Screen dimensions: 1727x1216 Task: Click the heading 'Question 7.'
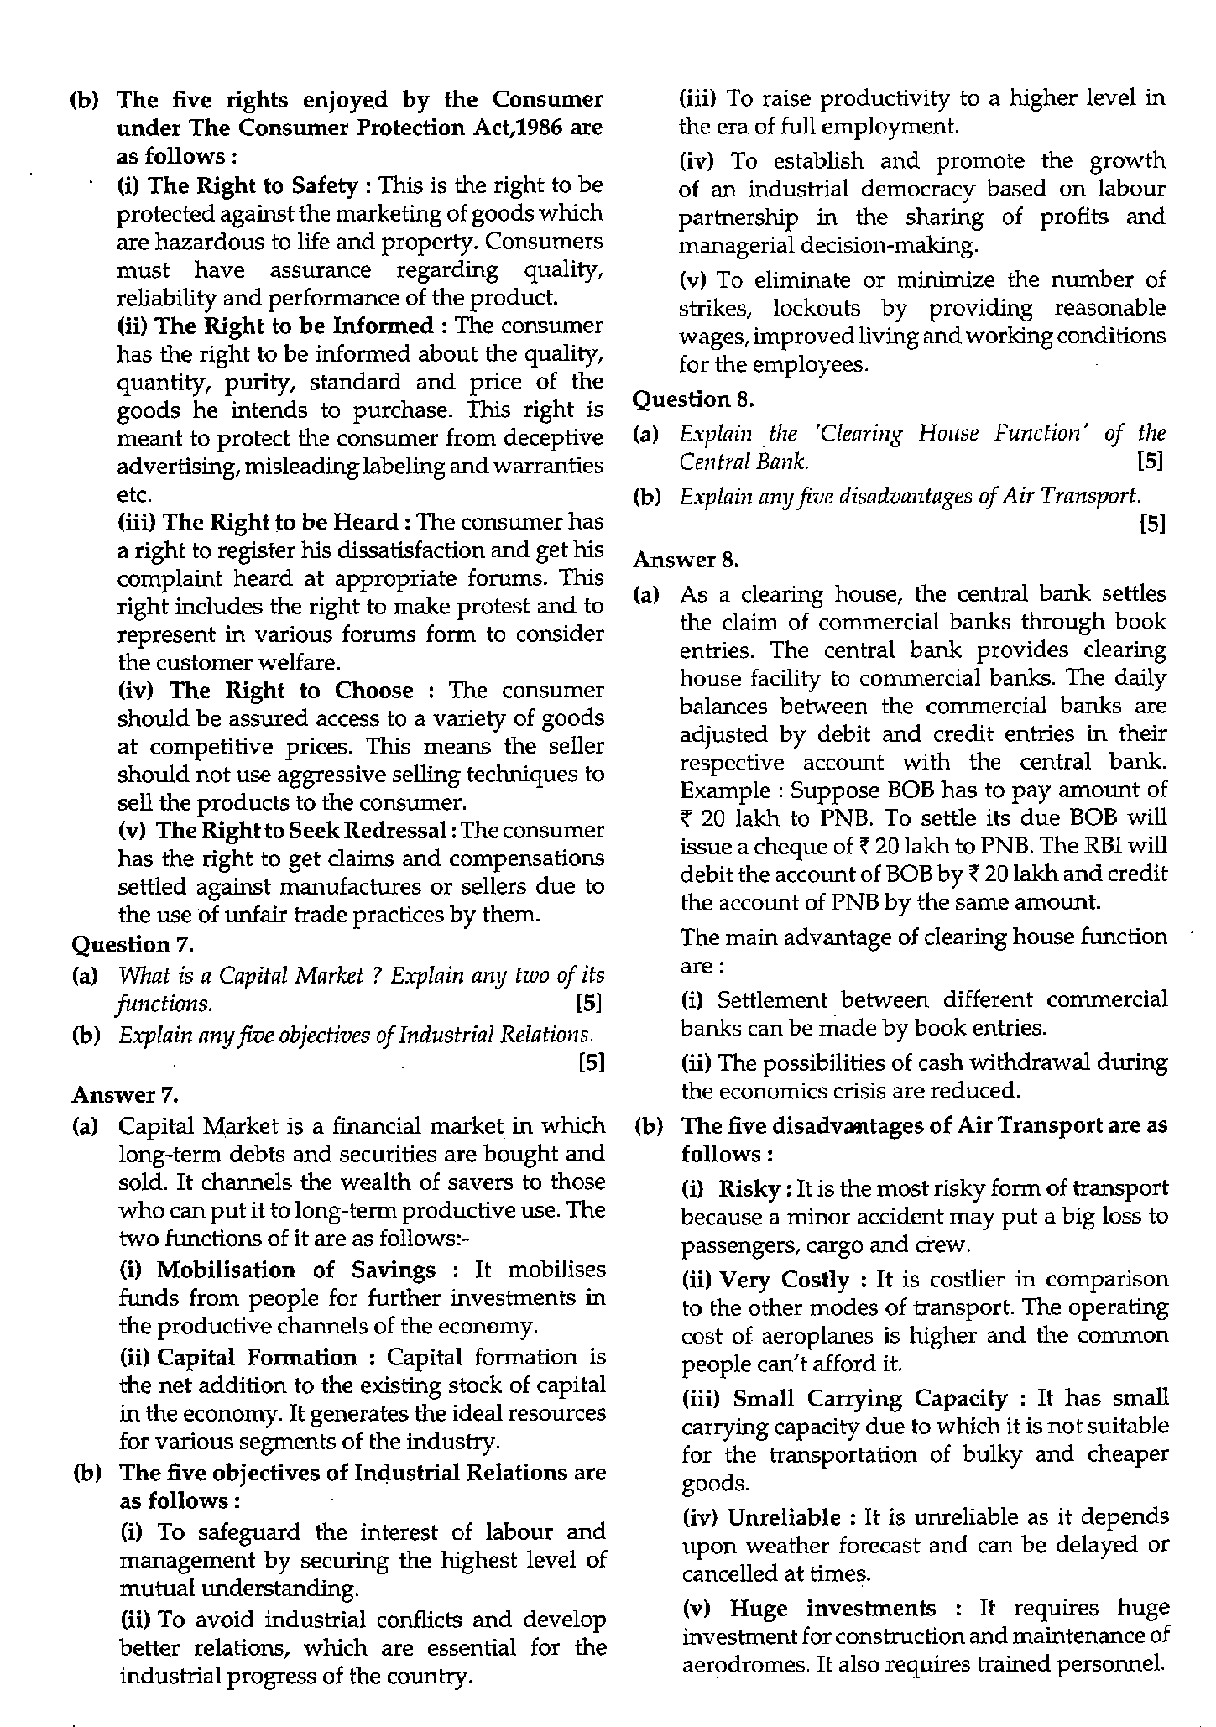133,945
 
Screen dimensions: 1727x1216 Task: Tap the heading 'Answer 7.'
125,1094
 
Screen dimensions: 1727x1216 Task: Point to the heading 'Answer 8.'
685,559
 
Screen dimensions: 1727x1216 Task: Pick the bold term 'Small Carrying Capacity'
869,1398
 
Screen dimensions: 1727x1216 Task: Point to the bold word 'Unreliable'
784,1517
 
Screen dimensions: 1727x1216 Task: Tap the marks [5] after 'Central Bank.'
1149,462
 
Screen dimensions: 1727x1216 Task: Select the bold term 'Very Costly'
785,1280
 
